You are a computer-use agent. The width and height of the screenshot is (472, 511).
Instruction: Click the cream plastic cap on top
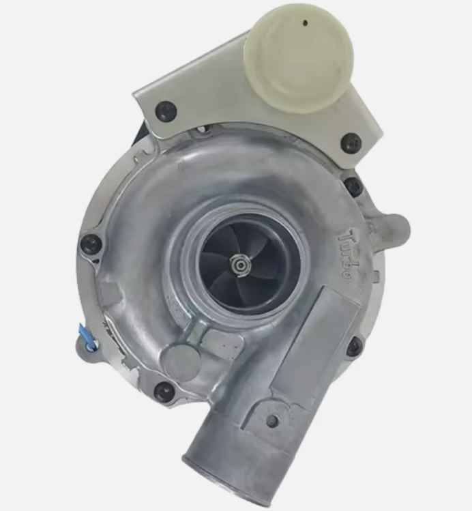299,58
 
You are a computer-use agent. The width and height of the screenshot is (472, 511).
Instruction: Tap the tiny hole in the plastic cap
305,23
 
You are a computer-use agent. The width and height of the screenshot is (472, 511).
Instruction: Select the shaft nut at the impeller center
240,265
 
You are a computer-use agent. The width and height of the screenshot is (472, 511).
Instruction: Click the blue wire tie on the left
88,337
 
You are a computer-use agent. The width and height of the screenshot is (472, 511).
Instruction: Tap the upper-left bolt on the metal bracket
166,111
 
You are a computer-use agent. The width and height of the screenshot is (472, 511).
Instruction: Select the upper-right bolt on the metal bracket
351,143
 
